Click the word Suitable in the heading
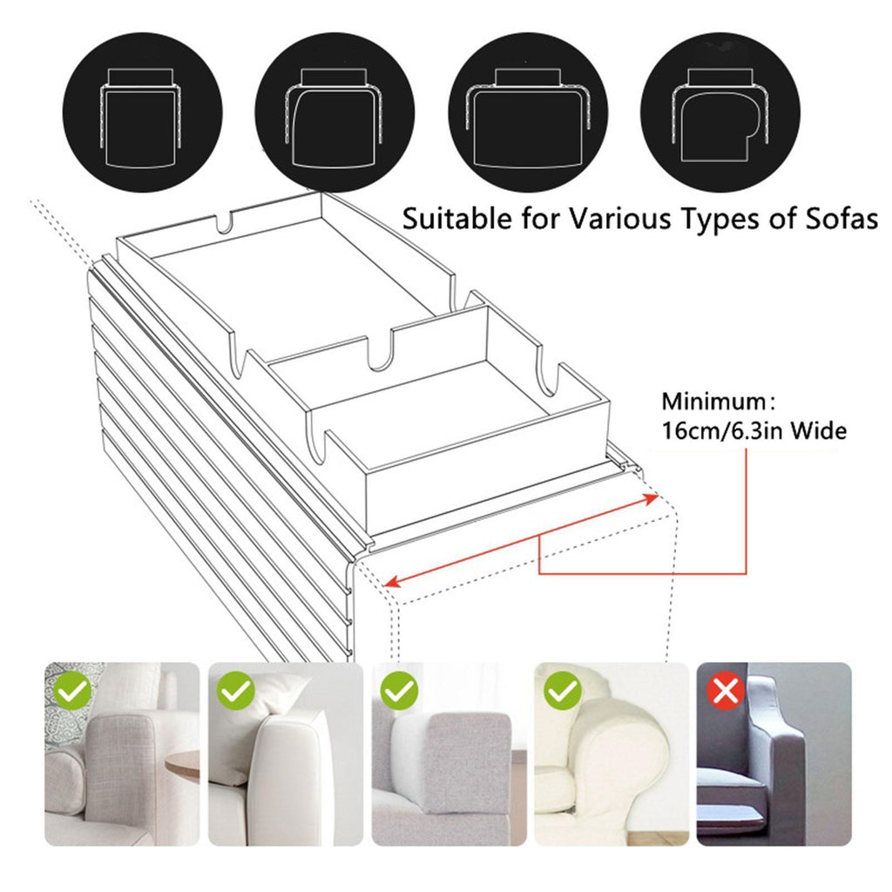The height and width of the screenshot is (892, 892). (449, 218)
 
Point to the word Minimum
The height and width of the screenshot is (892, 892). (714, 402)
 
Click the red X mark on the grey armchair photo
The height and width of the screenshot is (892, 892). (726, 692)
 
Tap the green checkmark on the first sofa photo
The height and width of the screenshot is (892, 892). (74, 691)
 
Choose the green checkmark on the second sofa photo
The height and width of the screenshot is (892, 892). (236, 691)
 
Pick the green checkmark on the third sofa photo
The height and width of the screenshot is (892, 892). (399, 691)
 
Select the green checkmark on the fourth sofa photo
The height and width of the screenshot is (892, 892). (563, 691)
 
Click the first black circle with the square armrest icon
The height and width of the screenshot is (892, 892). (142, 112)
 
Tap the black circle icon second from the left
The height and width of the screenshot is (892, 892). (334, 112)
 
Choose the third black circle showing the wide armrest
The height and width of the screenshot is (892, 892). (528, 112)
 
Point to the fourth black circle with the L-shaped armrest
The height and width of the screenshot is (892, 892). (720, 112)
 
